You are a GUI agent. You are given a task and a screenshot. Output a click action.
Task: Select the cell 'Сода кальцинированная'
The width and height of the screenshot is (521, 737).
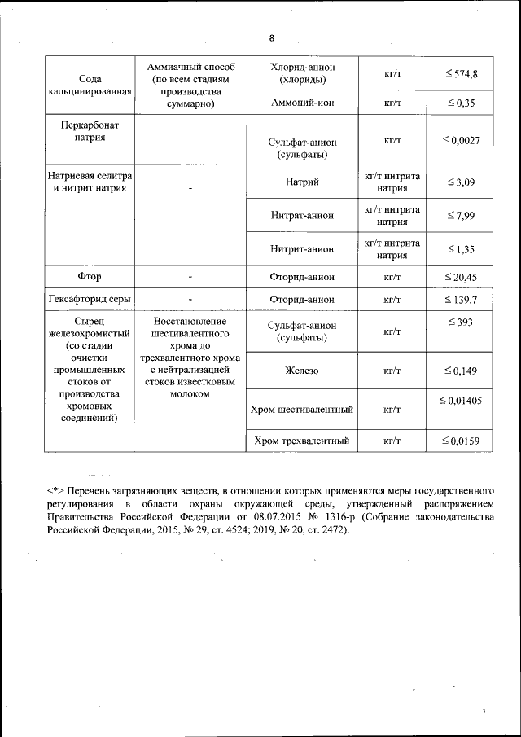coord(90,85)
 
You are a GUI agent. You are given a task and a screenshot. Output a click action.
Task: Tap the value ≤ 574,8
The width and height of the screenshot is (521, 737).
coord(461,74)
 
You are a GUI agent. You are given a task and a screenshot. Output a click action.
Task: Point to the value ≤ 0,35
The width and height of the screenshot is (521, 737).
coord(461,103)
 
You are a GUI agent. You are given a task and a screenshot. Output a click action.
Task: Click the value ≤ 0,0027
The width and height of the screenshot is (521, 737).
coord(461,141)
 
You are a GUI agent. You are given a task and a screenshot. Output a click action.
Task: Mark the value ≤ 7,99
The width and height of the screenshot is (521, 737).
coord(461,215)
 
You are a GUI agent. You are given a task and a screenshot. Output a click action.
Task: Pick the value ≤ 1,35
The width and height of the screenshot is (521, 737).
coord(461,248)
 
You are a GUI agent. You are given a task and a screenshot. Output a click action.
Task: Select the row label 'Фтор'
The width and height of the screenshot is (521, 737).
coord(90,277)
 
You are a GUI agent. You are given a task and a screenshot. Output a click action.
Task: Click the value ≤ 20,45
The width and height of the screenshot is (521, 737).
coord(461,277)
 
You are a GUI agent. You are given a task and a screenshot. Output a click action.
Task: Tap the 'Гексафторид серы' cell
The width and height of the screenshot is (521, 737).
coord(90,300)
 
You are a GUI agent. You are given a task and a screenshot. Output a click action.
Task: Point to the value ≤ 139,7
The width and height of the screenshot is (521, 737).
coord(461,300)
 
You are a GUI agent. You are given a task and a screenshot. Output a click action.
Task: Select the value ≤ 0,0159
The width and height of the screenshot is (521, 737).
coord(461,441)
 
